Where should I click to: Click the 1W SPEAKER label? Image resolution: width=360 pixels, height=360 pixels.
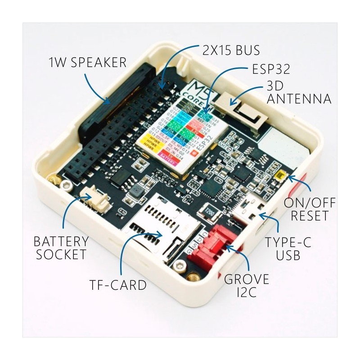point(87,62)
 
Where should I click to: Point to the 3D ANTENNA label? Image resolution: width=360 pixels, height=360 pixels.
point(299,92)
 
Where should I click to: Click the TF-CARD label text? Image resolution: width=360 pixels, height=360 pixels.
point(117,284)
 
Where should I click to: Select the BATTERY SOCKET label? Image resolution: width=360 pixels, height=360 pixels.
point(61,247)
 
